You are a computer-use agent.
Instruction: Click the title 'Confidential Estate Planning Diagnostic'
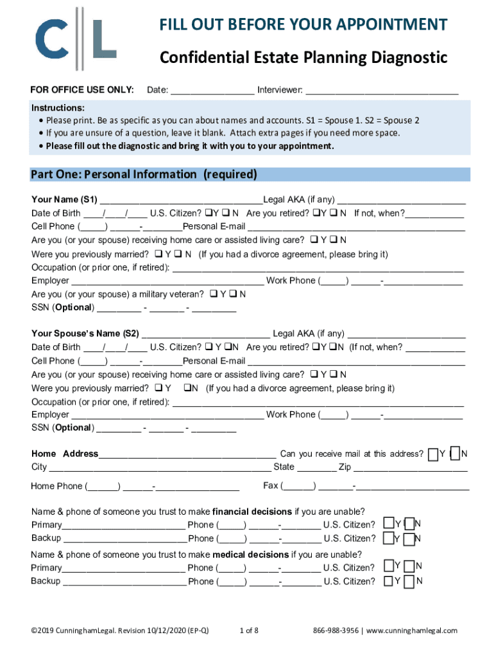coord(303,58)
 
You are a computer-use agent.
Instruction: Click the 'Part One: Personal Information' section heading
coord(144,175)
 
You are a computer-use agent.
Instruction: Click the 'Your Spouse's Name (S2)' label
coord(85,333)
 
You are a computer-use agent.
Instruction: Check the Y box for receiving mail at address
coord(434,454)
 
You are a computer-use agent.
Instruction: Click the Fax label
coord(271,486)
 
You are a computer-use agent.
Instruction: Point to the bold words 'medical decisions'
coord(251,555)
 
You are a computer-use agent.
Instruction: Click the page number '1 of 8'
coord(248,630)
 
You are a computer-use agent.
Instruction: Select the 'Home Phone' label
coord(56,486)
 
